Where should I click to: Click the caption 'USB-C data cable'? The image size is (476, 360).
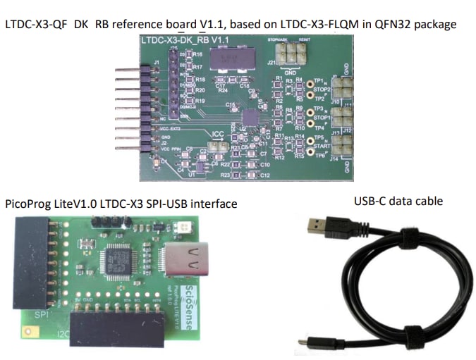398,201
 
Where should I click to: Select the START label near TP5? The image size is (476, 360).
323,145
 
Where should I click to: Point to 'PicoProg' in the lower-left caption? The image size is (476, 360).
28,204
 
